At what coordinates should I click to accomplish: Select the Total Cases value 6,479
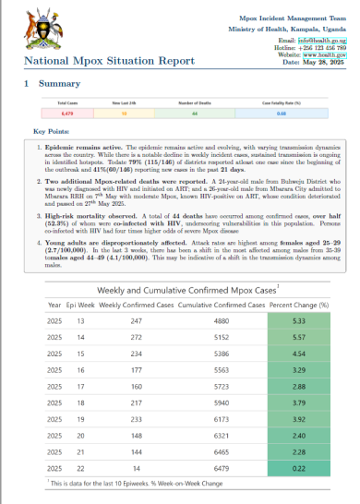point(67,114)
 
